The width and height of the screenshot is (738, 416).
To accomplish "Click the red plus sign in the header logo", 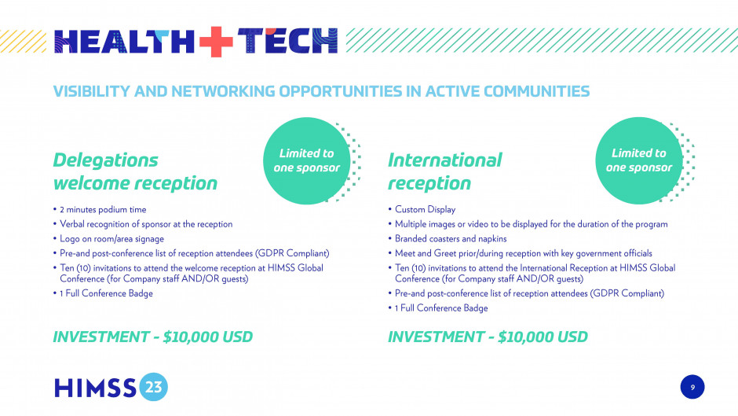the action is pyautogui.click(x=216, y=42).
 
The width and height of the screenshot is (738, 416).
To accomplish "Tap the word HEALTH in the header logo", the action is pyautogui.click(x=124, y=41).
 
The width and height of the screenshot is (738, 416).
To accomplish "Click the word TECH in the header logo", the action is pyautogui.click(x=287, y=41).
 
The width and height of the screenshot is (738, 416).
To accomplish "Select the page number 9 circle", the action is pyautogui.click(x=692, y=387).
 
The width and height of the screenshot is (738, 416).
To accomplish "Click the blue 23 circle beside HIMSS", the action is pyautogui.click(x=153, y=387).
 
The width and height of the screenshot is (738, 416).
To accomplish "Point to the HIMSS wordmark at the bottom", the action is pyautogui.click(x=96, y=388).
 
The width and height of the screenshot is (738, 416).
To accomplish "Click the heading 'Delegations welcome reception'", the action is pyautogui.click(x=135, y=171).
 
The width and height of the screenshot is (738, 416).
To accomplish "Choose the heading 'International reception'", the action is pyautogui.click(x=445, y=171).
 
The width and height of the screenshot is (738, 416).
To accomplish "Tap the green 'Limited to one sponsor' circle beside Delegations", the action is pyautogui.click(x=306, y=161).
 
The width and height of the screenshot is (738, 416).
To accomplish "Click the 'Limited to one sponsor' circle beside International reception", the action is pyautogui.click(x=639, y=161).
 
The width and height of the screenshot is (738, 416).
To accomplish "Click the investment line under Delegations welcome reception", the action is pyautogui.click(x=153, y=337).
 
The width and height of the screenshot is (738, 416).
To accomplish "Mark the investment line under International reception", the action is pyautogui.click(x=488, y=337).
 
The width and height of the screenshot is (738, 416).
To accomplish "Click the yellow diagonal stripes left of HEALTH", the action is pyautogui.click(x=23, y=41).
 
